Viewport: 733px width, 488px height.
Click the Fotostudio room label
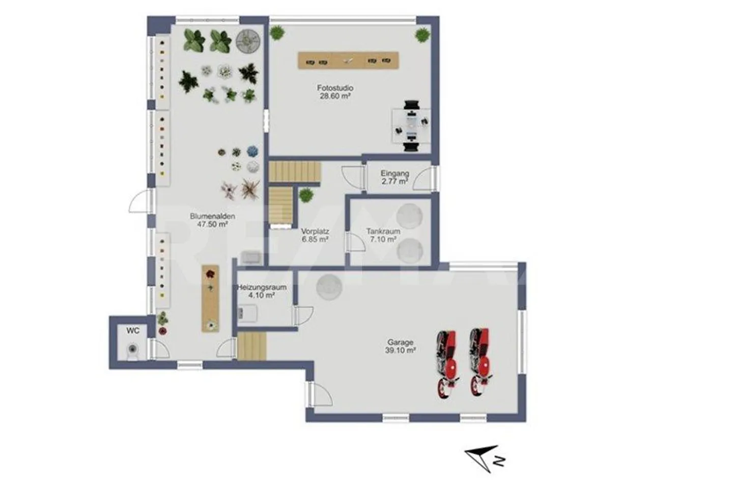tap(335, 88)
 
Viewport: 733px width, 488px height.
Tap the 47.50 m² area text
tap(212, 224)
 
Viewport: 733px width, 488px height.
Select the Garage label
tap(400, 342)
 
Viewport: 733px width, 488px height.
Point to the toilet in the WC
tap(132, 351)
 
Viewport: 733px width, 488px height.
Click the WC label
tap(133, 331)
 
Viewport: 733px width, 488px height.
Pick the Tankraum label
tap(383, 231)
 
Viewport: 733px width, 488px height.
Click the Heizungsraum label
tap(262, 287)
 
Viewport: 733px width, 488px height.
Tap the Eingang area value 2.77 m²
tap(394, 181)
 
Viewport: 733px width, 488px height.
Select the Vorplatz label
tap(315, 231)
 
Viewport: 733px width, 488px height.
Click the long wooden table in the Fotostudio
tap(348, 60)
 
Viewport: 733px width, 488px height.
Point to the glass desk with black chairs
tap(411, 126)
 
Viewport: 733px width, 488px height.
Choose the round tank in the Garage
tap(329, 287)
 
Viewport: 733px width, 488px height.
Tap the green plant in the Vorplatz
tap(306, 195)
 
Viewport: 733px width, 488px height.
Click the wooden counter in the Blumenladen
tap(210, 298)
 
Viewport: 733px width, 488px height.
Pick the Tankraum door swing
tap(356, 241)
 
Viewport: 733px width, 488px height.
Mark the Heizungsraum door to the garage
tap(304, 316)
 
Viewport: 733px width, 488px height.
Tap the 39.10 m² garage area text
tap(400, 350)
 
